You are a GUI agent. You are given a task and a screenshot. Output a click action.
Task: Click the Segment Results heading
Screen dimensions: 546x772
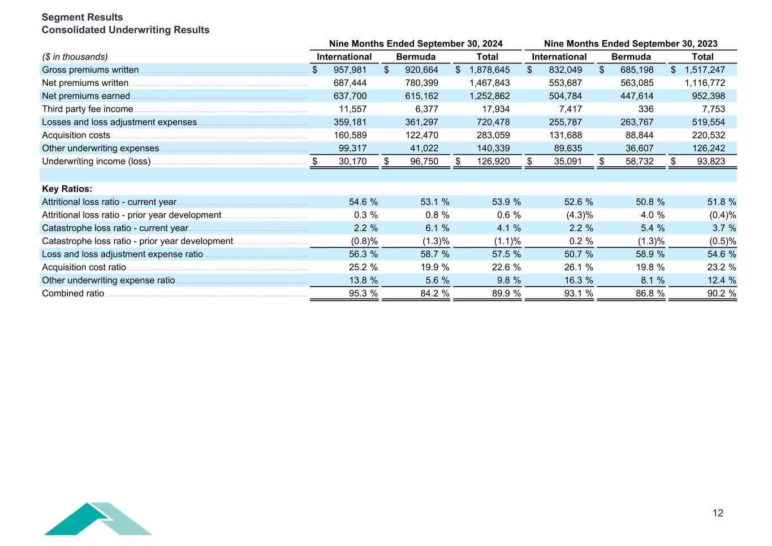click(x=82, y=17)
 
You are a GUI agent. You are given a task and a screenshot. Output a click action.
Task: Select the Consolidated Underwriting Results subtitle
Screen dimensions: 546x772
click(x=126, y=30)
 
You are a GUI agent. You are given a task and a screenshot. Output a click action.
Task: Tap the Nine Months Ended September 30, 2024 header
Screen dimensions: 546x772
click(x=416, y=44)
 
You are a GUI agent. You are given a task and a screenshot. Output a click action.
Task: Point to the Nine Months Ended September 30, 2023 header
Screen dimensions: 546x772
click(x=631, y=44)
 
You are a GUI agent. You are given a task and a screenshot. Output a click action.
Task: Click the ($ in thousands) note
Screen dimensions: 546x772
click(x=75, y=57)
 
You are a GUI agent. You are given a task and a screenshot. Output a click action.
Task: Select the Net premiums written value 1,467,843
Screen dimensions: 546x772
click(x=489, y=83)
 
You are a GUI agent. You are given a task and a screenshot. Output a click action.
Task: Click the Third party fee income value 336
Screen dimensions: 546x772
click(x=645, y=109)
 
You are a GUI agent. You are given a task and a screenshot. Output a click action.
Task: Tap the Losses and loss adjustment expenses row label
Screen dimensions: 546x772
click(x=119, y=122)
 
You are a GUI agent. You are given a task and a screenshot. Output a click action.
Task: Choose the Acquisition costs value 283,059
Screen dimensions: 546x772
click(x=493, y=135)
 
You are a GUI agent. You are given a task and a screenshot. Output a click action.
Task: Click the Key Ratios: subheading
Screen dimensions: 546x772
click(x=67, y=189)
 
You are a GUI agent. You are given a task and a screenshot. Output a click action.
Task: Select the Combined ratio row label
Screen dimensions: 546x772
click(x=73, y=293)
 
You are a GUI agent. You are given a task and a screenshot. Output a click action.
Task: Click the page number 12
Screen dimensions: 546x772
click(x=718, y=513)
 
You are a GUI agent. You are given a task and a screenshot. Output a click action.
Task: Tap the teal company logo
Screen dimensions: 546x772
click(x=97, y=519)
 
